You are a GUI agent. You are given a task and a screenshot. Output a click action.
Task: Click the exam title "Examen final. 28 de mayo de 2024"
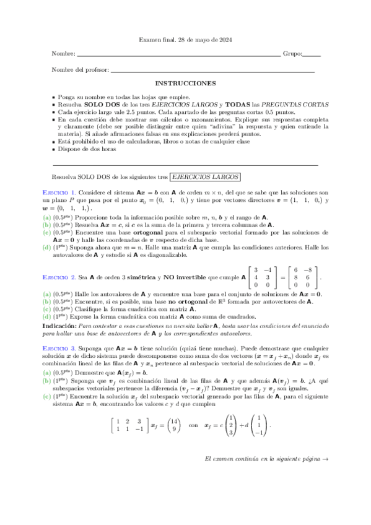(x=185, y=40)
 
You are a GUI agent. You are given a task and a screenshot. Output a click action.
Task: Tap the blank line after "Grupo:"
(x=312, y=56)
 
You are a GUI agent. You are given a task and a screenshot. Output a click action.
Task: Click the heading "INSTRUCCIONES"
(x=185, y=83)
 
